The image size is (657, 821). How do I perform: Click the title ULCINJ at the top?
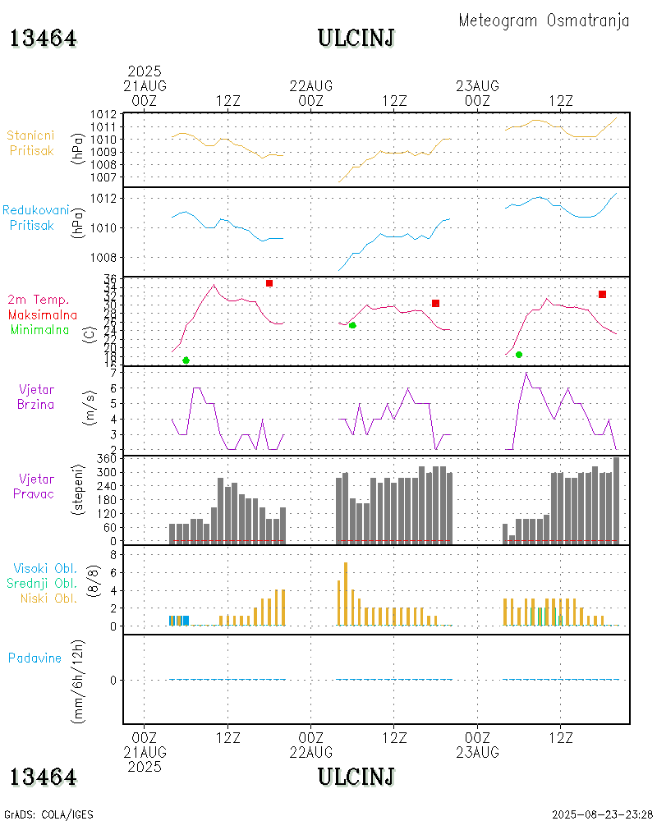[x=356, y=38]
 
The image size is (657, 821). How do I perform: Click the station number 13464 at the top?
[x=44, y=38]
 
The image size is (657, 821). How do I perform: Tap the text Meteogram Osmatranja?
[x=544, y=21]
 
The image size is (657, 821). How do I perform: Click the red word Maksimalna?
[x=43, y=315]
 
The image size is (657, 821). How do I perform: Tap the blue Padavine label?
[x=34, y=658]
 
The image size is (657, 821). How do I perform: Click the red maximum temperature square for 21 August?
[x=269, y=283]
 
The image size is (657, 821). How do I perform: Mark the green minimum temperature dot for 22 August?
[x=352, y=326]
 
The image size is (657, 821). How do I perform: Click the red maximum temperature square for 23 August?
[x=602, y=294]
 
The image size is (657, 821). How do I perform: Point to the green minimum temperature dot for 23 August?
[x=519, y=355]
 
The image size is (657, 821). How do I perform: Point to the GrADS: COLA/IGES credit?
[x=48, y=814]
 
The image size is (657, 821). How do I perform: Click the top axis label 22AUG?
[x=311, y=85]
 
